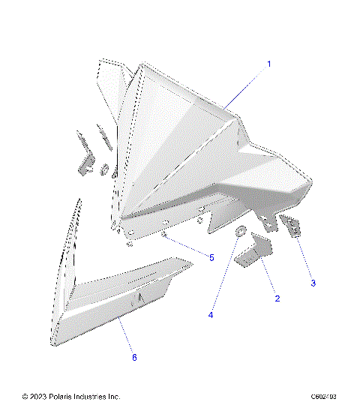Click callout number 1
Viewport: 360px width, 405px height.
pyautogui.click(x=268, y=64)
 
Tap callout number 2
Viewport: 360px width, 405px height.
pyautogui.click(x=277, y=298)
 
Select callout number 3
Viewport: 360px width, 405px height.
pyautogui.click(x=313, y=283)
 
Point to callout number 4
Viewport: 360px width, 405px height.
pyautogui.click(x=211, y=316)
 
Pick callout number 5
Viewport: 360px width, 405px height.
pyautogui.click(x=211, y=257)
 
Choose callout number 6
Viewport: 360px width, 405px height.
pyautogui.click(x=134, y=358)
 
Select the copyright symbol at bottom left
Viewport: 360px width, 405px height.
pyautogui.click(x=26, y=397)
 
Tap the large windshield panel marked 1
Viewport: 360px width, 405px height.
pyautogui.click(x=180, y=142)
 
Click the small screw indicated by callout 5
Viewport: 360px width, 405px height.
pyautogui.click(x=163, y=235)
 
